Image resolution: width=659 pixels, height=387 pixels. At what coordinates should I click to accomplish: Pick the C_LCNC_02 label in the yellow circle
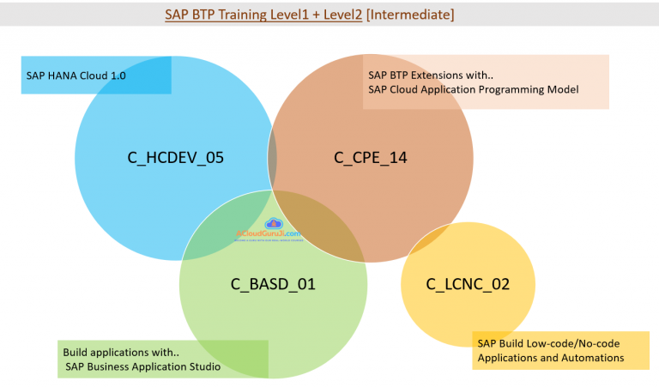(468, 283)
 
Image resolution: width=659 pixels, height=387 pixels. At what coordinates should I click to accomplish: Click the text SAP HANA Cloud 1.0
(76, 76)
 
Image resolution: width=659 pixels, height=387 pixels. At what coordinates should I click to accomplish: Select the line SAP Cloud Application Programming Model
(474, 89)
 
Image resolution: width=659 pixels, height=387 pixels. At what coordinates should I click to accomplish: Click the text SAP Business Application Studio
(143, 367)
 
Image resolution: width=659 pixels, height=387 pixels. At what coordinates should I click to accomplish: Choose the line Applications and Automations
(551, 357)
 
